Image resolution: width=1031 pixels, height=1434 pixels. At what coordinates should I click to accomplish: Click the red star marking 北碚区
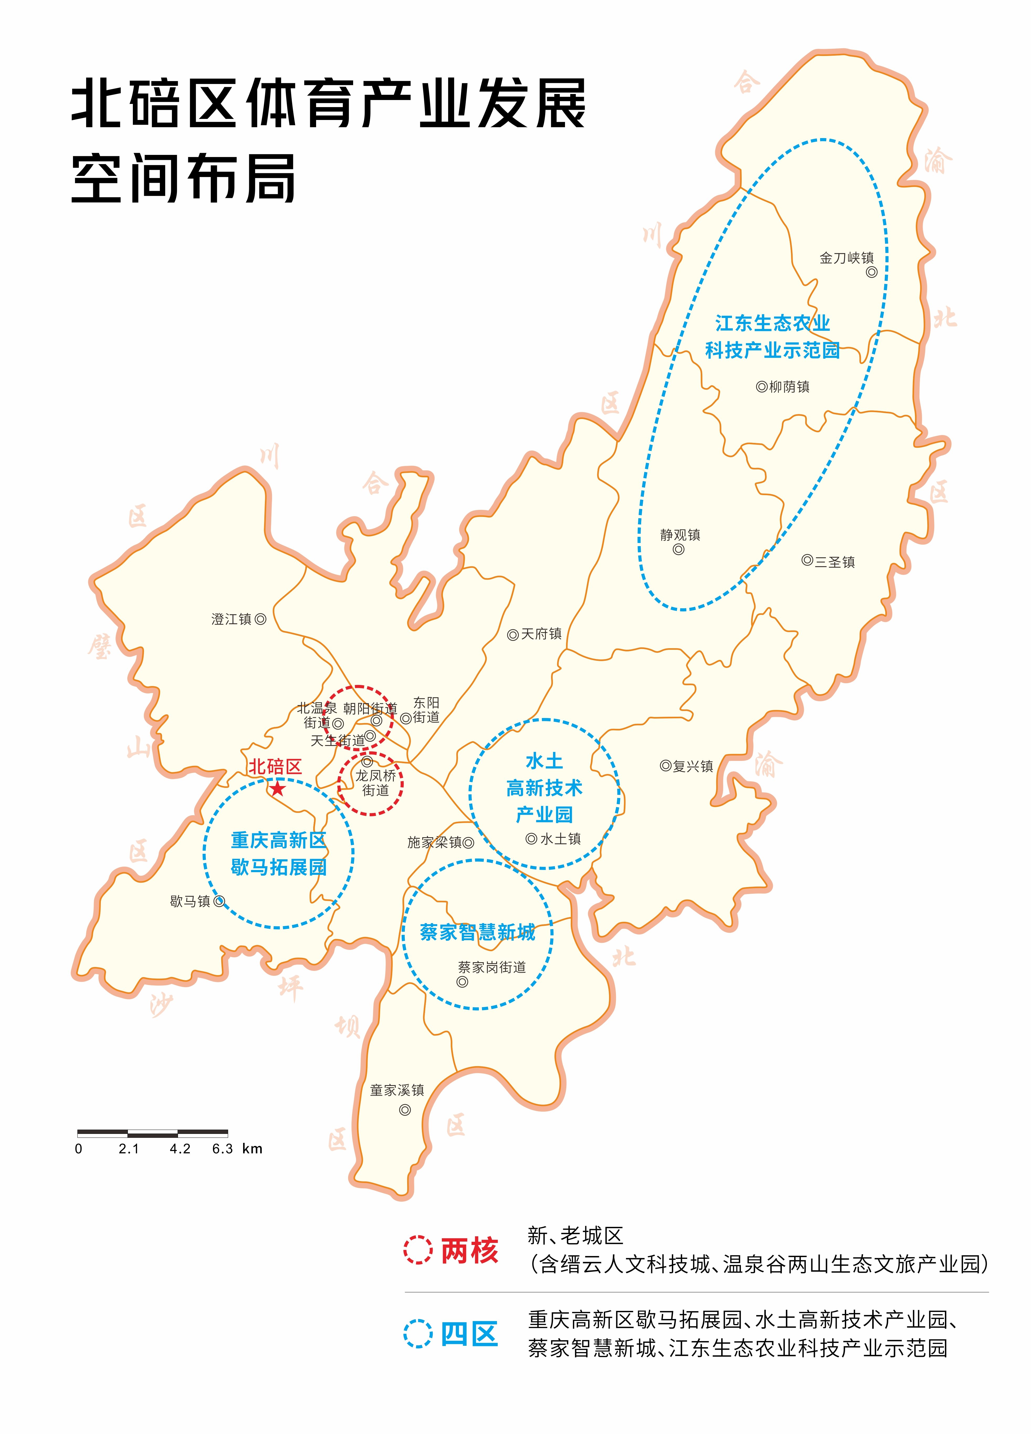click(x=277, y=788)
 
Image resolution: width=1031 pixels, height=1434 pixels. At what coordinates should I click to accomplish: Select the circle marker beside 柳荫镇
click(x=762, y=386)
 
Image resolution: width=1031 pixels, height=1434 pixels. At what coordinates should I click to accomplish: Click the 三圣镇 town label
click(x=834, y=562)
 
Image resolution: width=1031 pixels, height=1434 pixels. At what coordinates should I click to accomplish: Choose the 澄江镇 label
click(x=231, y=619)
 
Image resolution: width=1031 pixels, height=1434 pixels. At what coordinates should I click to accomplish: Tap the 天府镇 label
click(x=541, y=634)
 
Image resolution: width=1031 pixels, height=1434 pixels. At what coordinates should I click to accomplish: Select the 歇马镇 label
click(x=190, y=901)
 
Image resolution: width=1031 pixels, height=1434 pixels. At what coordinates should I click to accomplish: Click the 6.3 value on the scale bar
click(x=223, y=1149)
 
